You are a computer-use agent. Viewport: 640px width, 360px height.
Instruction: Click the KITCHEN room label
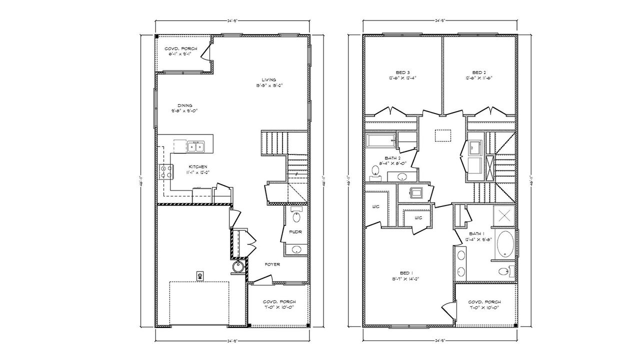point(197,167)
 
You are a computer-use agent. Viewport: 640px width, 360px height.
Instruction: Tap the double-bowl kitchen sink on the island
point(195,146)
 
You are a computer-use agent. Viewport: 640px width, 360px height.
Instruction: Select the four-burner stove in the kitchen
point(166,172)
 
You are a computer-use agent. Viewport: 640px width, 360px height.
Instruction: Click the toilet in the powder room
point(296,217)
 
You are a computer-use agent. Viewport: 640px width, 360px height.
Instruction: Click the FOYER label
point(272,264)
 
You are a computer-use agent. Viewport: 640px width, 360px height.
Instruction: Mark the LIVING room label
point(268,79)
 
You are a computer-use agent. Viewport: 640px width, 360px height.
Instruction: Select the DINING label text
point(178,105)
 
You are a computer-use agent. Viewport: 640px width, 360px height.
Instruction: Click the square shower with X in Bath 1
point(504,216)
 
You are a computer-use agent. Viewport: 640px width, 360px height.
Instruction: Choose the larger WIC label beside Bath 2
point(376,206)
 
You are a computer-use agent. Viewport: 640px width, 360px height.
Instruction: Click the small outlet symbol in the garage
point(200,275)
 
